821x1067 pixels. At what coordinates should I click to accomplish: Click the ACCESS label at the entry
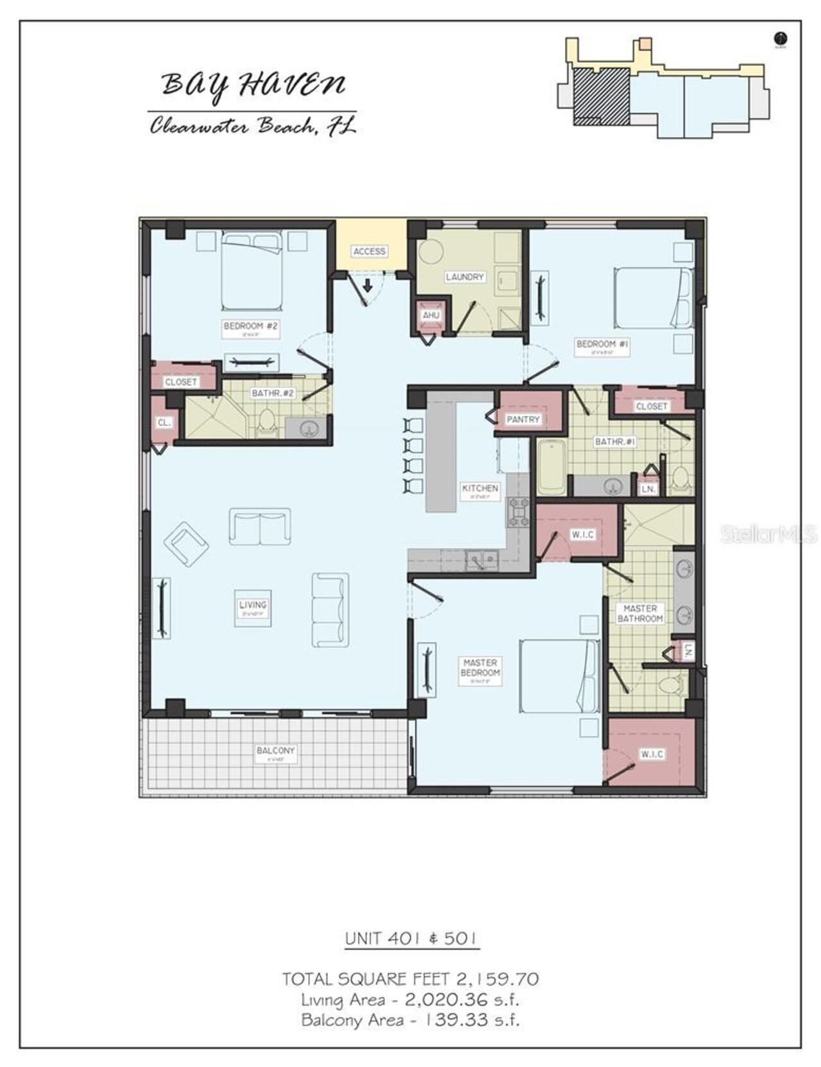point(369,251)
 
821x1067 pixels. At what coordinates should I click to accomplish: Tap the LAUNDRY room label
point(464,277)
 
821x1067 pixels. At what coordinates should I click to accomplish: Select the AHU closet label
point(431,315)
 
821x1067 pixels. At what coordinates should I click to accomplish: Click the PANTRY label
point(523,419)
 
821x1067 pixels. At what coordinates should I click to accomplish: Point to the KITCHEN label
point(480,489)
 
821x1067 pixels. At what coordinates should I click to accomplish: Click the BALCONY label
point(275,750)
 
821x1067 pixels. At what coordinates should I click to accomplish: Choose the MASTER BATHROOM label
point(639,614)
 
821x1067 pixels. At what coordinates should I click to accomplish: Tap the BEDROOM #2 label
point(251,326)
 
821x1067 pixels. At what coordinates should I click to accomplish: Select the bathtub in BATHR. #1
point(551,467)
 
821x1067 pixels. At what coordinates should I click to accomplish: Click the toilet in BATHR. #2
point(266,423)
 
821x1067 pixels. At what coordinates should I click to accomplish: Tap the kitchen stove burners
point(518,512)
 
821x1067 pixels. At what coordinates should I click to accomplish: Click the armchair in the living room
point(186,544)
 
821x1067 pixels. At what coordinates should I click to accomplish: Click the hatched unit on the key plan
point(600,93)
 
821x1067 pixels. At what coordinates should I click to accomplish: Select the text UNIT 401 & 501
point(411,939)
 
